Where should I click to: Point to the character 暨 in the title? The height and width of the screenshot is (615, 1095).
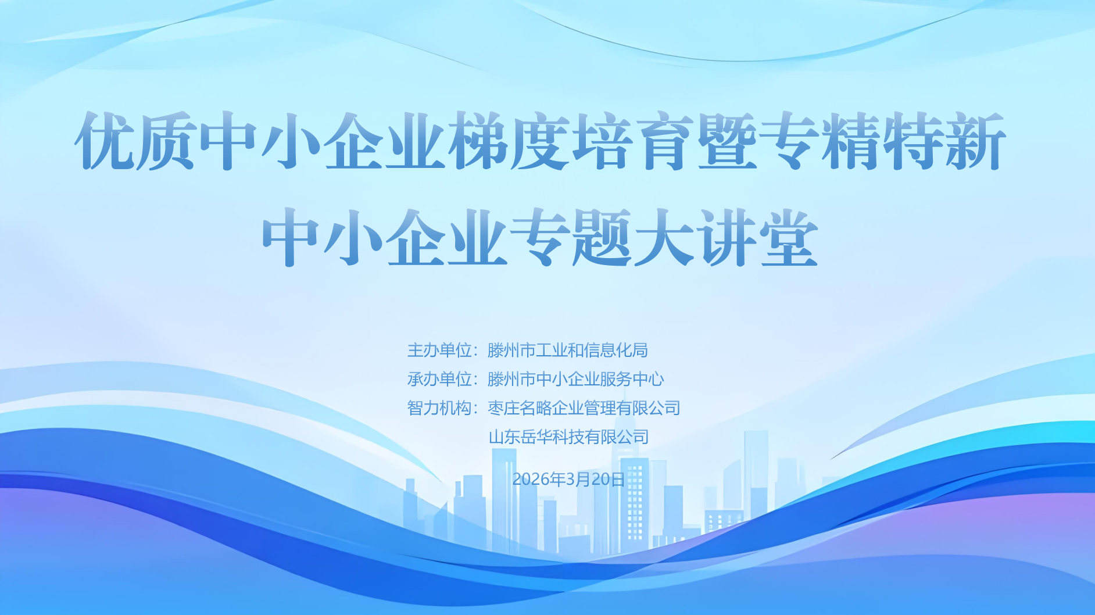(x=727, y=141)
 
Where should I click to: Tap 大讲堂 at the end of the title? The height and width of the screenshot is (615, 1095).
(x=727, y=238)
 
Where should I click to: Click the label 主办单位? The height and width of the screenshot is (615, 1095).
(x=439, y=351)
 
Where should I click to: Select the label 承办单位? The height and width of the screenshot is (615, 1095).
(x=439, y=380)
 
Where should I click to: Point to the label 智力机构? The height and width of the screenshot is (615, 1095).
(x=439, y=408)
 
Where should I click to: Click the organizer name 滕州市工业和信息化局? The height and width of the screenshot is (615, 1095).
(x=568, y=351)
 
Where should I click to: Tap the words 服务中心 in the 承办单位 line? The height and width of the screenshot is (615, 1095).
(x=632, y=380)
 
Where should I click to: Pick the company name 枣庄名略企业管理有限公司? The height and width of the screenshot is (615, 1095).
(x=584, y=408)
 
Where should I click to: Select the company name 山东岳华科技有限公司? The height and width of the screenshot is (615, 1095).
(x=568, y=437)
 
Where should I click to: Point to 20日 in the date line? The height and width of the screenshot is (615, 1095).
(x=608, y=480)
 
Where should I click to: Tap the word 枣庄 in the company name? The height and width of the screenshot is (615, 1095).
(x=503, y=408)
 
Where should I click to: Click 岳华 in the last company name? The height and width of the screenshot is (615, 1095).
(x=536, y=437)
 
